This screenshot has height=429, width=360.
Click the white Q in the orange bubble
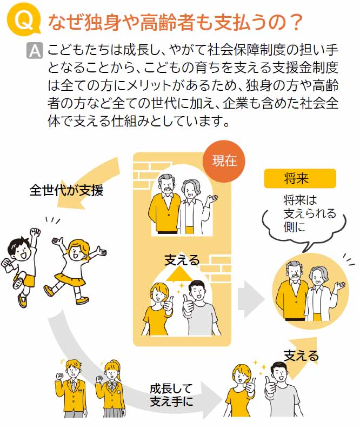point(24,21)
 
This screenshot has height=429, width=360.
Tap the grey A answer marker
point(35,51)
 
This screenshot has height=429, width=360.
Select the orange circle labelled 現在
point(224,160)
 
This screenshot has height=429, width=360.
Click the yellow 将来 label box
point(300,178)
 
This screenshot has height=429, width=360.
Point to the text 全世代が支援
point(66,190)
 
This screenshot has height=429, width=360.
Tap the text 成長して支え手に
point(172,395)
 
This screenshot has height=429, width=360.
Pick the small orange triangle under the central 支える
point(179,274)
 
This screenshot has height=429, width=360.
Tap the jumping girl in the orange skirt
point(74,271)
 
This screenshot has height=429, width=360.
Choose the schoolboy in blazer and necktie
point(72,388)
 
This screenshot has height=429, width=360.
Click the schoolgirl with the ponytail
point(110,389)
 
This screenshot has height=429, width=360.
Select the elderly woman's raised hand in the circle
point(339,287)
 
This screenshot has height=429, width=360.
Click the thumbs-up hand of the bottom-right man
point(271,385)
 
